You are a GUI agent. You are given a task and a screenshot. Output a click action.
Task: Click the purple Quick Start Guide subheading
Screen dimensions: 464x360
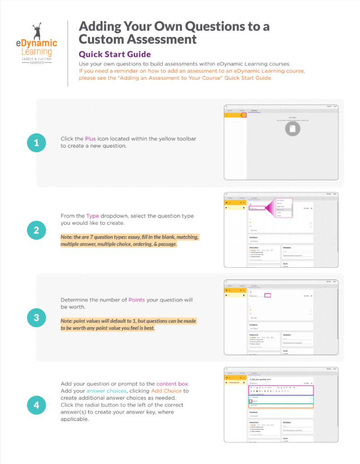point(115,54)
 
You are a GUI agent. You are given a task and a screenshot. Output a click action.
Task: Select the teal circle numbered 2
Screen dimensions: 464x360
point(36,230)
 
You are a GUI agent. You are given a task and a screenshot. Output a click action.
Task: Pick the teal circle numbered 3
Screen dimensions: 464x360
point(36,318)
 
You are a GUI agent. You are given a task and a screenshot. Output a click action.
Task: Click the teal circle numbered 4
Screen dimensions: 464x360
point(36,405)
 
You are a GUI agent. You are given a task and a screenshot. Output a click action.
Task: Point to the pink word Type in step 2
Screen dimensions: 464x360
point(92,216)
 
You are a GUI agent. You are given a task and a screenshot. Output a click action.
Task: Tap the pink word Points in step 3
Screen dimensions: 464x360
point(136,300)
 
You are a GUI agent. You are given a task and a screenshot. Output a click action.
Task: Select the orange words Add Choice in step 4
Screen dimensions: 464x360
point(166,391)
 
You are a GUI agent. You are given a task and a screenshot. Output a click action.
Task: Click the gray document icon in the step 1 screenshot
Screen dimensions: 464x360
point(293,129)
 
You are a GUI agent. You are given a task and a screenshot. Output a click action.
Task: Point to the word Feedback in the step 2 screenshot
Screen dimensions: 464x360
point(254,237)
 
